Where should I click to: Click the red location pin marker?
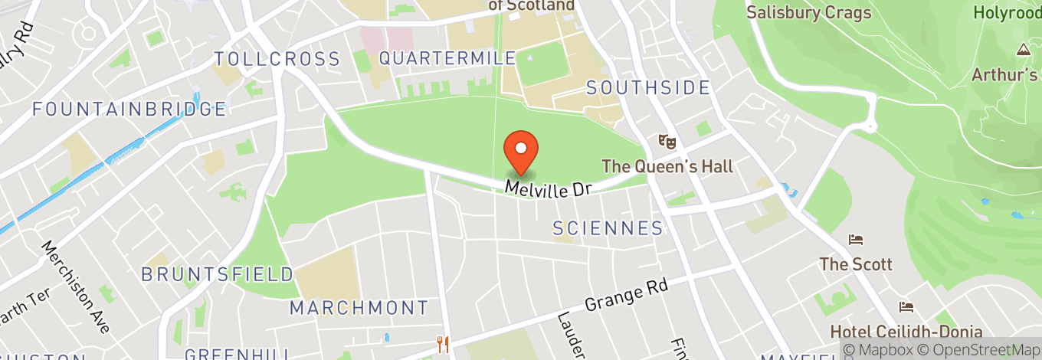521,151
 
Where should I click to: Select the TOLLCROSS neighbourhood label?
277,59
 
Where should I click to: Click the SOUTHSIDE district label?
648,88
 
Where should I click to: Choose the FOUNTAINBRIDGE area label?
129,109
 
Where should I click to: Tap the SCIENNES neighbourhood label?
608,228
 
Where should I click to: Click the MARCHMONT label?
359,309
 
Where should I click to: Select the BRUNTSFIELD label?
218,274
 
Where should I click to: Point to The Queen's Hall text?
667,166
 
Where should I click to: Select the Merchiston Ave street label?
77,286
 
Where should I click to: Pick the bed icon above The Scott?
856,241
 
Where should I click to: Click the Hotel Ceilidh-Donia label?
906,332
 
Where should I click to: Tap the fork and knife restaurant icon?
443,344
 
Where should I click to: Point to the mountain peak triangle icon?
1023,51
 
